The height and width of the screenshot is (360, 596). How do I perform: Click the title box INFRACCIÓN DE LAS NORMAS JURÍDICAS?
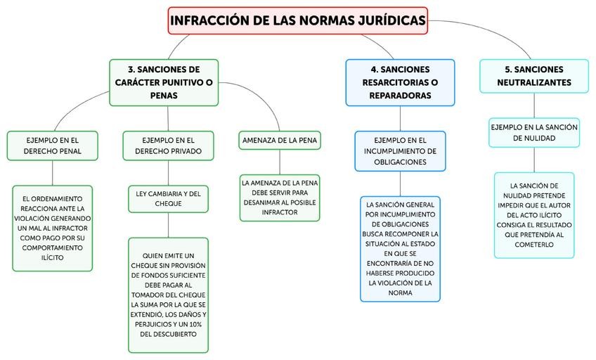[298, 20]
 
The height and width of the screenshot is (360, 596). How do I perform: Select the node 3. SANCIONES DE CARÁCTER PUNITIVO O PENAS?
[164, 82]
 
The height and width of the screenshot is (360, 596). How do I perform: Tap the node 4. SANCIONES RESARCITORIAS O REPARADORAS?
[400, 82]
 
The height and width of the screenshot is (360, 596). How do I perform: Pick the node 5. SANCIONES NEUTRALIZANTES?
[533, 76]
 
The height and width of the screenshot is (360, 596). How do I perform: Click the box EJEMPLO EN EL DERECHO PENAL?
[53, 145]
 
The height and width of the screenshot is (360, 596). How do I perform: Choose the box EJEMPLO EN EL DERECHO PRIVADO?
[167, 145]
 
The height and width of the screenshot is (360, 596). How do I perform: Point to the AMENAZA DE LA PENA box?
[280, 141]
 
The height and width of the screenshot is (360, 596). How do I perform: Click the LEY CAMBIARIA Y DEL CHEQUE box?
[167, 198]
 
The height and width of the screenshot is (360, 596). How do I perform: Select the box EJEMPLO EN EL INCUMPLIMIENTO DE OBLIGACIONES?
[400, 151]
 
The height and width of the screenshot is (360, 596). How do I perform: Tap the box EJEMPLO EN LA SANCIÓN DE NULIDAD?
[533, 132]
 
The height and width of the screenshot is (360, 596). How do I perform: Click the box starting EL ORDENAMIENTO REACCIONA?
[53, 228]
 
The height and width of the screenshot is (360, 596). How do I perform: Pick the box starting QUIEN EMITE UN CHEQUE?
[168, 295]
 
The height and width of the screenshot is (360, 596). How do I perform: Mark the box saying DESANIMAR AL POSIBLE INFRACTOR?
[280, 197]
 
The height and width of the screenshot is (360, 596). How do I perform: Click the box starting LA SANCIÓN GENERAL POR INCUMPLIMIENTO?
[400, 249]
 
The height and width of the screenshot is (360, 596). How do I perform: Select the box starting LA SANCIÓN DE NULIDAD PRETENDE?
[533, 215]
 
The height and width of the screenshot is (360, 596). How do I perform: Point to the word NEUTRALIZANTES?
[533, 83]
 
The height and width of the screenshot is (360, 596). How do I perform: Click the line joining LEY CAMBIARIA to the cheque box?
[168, 225]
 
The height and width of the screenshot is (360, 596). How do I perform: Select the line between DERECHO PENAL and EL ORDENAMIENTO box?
[53, 172]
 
